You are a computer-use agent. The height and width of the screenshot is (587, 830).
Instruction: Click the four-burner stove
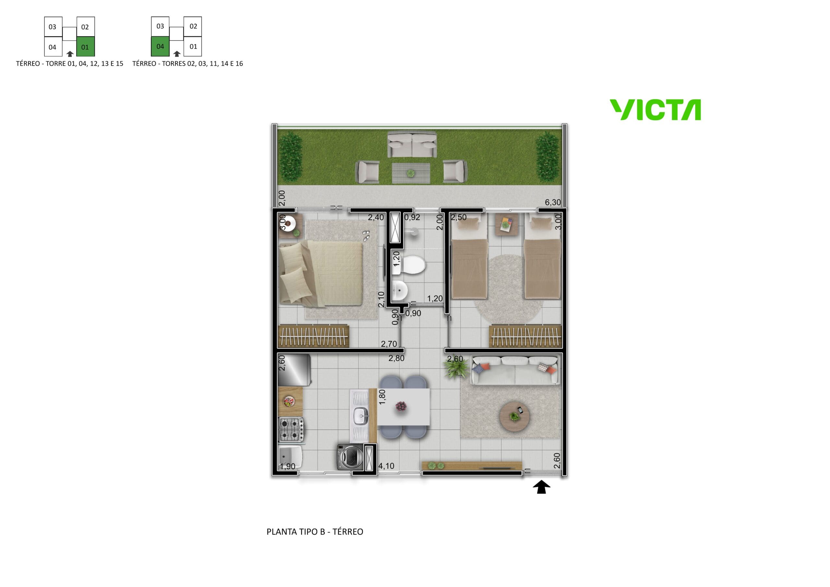pos(291,429)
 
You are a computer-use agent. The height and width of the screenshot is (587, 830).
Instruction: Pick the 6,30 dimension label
pos(553,202)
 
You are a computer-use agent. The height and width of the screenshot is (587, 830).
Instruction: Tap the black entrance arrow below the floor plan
pos(541,487)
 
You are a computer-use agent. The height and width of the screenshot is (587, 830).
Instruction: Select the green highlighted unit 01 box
pos(86,47)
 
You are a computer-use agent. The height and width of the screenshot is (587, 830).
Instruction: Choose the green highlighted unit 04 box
pos(160,46)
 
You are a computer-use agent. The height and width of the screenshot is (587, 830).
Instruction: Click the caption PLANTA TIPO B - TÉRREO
pos(315,531)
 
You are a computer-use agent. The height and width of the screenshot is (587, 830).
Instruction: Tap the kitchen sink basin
pos(361,415)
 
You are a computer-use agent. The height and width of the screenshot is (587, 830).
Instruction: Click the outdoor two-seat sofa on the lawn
pos(412,144)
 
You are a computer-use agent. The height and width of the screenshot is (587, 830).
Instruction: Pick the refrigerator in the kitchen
pos(293,370)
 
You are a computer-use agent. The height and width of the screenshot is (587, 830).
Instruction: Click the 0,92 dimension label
pos(412,217)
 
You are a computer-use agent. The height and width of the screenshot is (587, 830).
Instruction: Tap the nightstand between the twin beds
pos(506,224)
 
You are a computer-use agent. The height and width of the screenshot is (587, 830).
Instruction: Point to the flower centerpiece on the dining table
pos(401,406)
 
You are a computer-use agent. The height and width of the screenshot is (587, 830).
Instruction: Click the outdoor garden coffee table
pos(411,173)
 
